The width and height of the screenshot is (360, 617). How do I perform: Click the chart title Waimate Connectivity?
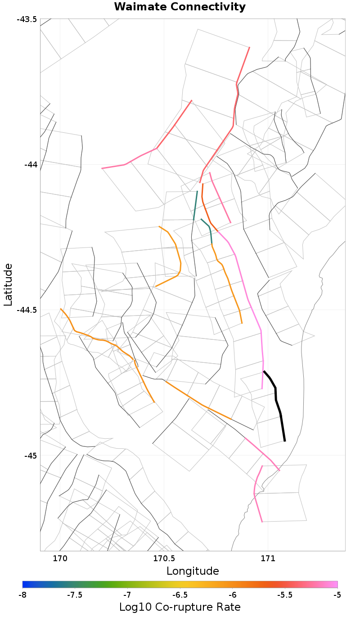pyautogui.click(x=180, y=7)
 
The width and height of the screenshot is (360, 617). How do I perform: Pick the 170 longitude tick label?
pyautogui.click(x=60, y=558)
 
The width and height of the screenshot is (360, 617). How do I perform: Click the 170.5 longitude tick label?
pyautogui.click(x=164, y=558)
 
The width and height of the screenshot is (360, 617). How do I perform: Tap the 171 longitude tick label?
pyautogui.click(x=268, y=558)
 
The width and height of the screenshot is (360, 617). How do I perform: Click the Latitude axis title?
pyautogui.click(x=8, y=284)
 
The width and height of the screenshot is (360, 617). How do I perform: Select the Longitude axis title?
pyautogui.click(x=193, y=571)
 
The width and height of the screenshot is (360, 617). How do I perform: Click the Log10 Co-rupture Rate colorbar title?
pyautogui.click(x=180, y=607)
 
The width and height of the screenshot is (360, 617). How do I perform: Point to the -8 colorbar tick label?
pyautogui.click(x=22, y=594)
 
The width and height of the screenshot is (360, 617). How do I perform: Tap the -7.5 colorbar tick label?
pyautogui.click(x=75, y=594)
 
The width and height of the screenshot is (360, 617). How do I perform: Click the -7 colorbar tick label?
pyautogui.click(x=127, y=594)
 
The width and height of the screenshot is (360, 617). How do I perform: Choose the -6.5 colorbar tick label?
pyautogui.click(x=180, y=594)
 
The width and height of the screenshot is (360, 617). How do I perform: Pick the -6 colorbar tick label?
pyautogui.click(x=232, y=594)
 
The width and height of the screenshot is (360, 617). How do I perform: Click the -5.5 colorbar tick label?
pyautogui.click(x=285, y=594)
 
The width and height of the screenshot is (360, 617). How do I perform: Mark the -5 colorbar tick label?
pyautogui.click(x=337, y=594)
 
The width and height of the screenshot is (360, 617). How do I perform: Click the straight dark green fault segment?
pyautogui.click(x=196, y=205)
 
